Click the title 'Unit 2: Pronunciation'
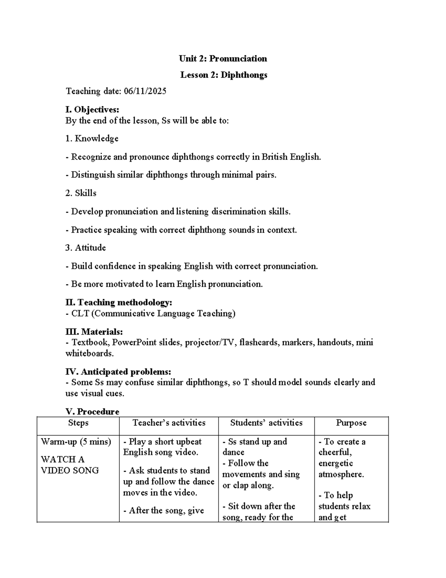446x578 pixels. tap(223, 58)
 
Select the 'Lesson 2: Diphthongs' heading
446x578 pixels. tap(224, 75)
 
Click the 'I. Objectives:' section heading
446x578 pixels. tap(92, 109)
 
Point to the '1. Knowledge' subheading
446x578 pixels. tap(92, 138)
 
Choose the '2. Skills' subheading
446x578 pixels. tap(81, 193)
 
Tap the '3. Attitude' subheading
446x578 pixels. tap(85, 248)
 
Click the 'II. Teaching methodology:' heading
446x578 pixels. tap(119, 302)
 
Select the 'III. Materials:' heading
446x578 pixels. tap(94, 331)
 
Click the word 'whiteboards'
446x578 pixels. tap(89, 353)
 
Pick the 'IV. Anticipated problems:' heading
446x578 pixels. tap(118, 371)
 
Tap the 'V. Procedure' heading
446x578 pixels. tap(92, 411)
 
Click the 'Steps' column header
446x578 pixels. tap(78, 423)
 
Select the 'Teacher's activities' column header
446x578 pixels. tap(169, 423)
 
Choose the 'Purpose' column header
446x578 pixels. tap(351, 423)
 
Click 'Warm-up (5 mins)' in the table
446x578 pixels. tap(76, 442)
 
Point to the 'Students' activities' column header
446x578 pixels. tap(266, 423)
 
